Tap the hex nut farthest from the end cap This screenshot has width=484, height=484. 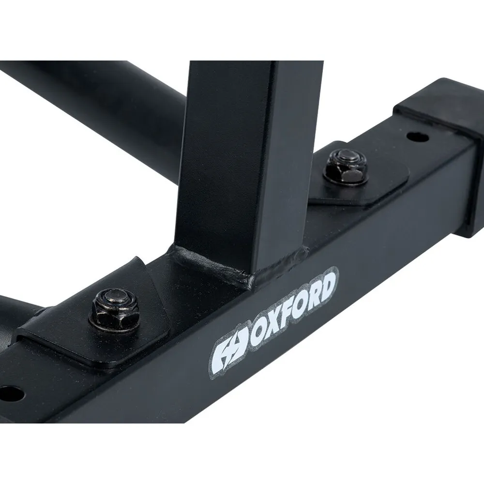click(x=115, y=309)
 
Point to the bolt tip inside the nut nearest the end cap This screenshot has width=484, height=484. click(x=349, y=158)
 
